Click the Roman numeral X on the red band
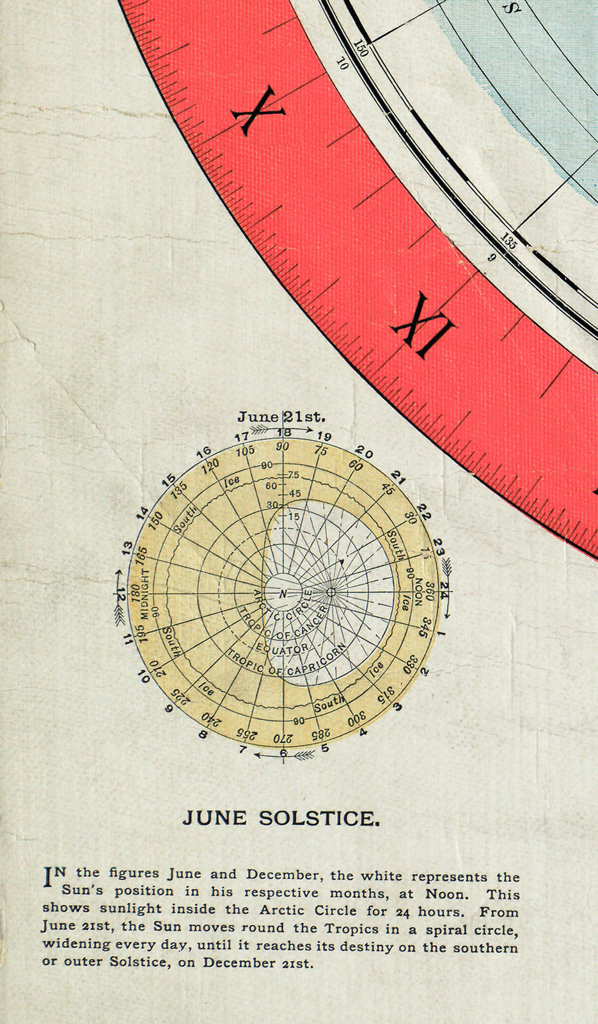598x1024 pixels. click(x=258, y=112)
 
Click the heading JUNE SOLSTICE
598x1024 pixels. click(x=281, y=819)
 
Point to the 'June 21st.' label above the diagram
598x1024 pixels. click(x=281, y=417)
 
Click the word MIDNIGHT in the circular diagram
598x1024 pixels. click(x=145, y=594)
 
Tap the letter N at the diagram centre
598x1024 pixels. click(x=283, y=594)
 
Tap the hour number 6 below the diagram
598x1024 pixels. click(x=283, y=753)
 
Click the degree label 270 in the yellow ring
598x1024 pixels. click(x=283, y=737)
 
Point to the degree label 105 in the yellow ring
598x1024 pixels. click(x=245, y=451)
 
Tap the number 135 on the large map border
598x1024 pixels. click(x=508, y=241)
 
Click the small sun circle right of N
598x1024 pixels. click(x=331, y=593)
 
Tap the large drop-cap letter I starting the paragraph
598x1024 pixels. click(x=47, y=877)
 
